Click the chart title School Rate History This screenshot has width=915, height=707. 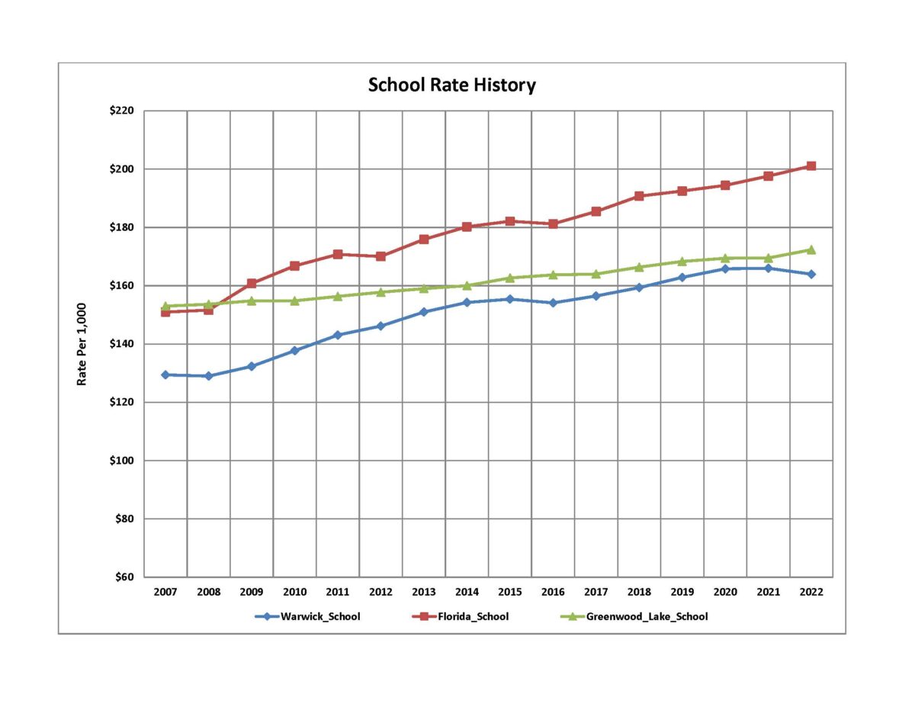point(451,85)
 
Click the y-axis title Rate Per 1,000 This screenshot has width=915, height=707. point(82,343)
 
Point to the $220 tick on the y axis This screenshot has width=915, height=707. point(122,111)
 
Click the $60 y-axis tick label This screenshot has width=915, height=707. point(124,577)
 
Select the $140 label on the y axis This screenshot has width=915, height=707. point(122,344)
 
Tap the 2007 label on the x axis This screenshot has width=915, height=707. point(165,592)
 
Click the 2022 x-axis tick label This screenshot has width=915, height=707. point(811,592)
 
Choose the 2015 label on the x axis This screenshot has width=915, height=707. point(509,592)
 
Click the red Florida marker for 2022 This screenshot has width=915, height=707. point(811,166)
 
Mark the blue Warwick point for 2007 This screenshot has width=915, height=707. point(165,374)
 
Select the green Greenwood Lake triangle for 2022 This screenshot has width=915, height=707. point(811,249)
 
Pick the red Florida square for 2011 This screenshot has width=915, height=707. point(337,254)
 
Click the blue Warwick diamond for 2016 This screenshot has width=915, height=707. point(553,303)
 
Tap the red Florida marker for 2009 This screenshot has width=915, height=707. point(251,283)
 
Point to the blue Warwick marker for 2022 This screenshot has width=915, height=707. point(811,274)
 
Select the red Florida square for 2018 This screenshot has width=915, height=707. point(639,196)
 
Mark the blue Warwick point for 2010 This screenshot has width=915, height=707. point(294,350)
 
